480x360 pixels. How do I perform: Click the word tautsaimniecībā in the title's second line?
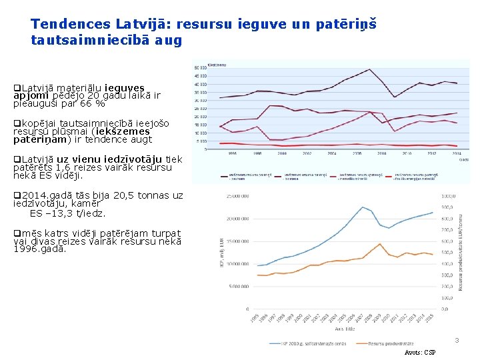coord(89,40)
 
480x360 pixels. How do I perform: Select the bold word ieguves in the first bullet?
coord(125,88)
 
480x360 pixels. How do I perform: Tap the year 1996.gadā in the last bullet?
coord(40,249)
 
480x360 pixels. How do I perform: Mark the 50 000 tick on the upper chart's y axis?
coord(199,68)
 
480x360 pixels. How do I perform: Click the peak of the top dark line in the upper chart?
coord(369,69)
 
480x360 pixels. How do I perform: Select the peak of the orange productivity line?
coord(379,243)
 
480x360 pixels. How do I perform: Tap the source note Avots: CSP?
coord(420,352)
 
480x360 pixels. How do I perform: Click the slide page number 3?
coord(457,341)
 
